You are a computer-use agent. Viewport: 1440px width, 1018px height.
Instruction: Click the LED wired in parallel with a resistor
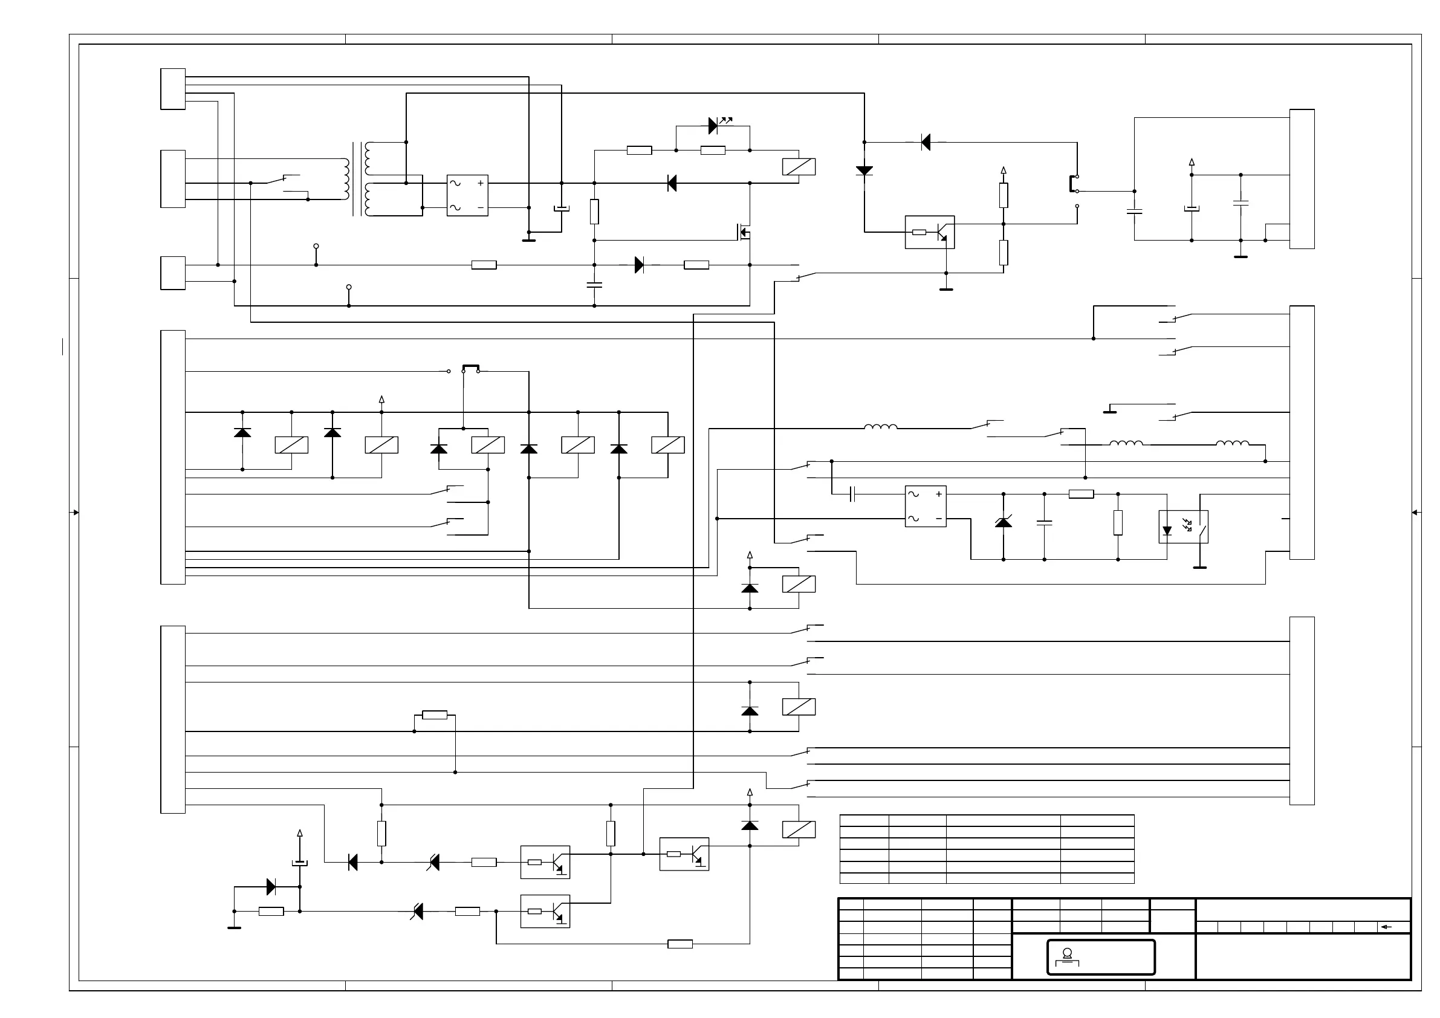714,126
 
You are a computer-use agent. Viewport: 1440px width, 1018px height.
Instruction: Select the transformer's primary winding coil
346,179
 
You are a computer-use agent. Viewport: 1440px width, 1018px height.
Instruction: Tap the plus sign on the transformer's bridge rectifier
481,183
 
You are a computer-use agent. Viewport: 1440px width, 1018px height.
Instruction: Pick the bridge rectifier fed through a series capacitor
925,506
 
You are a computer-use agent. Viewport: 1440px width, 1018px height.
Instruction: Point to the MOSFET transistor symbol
744,232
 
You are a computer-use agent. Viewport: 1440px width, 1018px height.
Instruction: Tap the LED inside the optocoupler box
1167,531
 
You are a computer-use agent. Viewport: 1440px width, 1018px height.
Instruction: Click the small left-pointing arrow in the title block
1386,927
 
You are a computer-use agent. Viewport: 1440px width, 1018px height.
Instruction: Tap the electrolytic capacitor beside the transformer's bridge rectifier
562,208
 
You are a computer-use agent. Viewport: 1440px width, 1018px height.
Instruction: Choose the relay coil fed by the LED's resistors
799,167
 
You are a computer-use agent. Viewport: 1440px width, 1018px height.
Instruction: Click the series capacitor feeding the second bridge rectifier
852,494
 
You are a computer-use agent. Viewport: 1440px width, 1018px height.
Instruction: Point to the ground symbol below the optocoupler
1200,567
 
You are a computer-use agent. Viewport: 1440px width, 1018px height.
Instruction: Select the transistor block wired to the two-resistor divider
930,232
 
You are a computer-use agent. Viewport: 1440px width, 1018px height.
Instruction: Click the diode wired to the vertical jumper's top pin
926,143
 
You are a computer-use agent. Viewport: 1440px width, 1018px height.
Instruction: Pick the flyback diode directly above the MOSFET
672,183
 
